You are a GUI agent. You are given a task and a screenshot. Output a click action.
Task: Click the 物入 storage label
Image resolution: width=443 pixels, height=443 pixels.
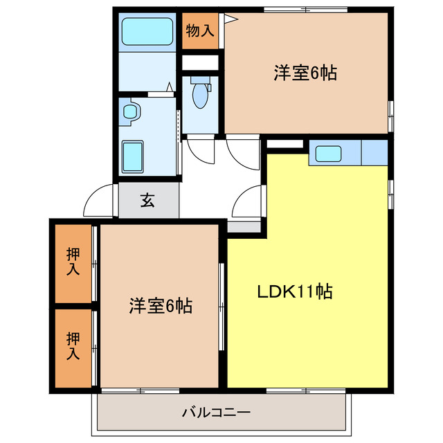click(x=199, y=31)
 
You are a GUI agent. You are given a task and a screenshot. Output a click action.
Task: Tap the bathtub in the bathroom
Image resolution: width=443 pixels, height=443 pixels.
click(x=146, y=31)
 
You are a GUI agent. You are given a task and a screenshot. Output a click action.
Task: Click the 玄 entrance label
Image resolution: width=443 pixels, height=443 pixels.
click(x=147, y=201)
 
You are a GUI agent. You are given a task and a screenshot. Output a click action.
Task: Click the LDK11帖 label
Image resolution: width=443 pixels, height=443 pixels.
click(x=296, y=291)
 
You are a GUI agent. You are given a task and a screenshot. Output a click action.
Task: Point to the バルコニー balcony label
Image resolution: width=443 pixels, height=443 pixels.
click(x=216, y=413)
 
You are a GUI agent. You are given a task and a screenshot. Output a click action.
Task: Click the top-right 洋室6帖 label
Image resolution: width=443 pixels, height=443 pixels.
click(x=305, y=73)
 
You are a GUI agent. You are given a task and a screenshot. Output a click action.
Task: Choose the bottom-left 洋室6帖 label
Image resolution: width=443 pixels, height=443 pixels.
click(x=160, y=305)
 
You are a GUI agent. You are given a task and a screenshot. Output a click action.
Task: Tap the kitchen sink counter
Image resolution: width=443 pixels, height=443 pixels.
click(x=334, y=153)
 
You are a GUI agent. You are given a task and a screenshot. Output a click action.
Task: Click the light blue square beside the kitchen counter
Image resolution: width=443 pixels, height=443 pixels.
click(x=374, y=152)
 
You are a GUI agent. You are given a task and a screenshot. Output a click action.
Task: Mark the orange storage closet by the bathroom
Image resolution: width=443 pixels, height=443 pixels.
click(x=199, y=31)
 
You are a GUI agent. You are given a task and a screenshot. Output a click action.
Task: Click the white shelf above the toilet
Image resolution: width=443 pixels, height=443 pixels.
click(x=200, y=62)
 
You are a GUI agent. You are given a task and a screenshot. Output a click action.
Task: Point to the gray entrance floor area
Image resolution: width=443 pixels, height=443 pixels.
click(x=148, y=201)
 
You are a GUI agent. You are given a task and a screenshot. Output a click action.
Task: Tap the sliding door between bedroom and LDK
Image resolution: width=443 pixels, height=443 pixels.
click(x=222, y=305)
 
